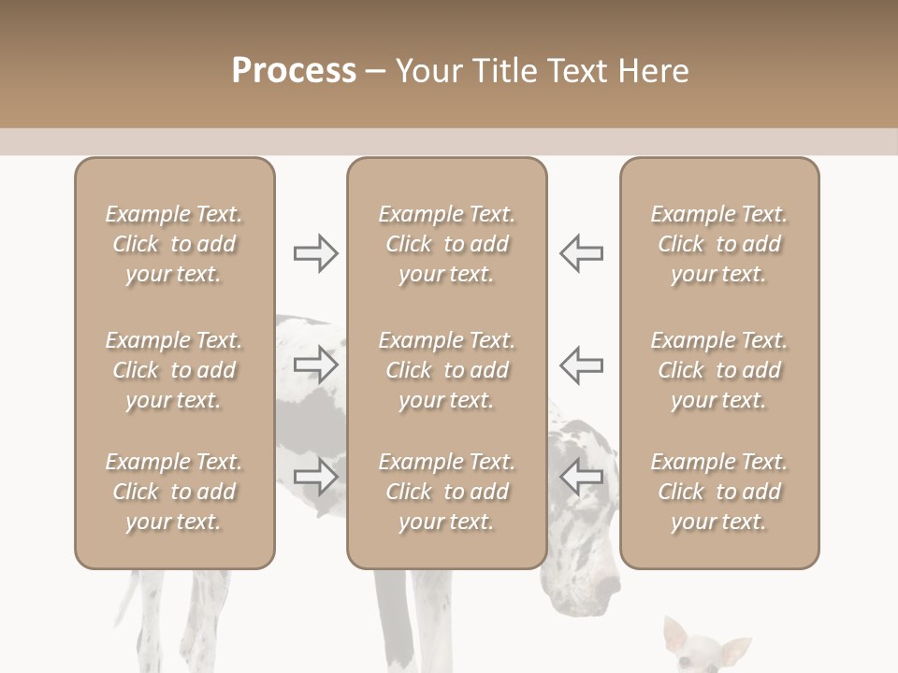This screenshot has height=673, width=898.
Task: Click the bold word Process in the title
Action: [x=294, y=71]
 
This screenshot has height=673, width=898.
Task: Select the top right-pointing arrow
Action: [x=315, y=252]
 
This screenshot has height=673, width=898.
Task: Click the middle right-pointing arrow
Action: [x=315, y=364]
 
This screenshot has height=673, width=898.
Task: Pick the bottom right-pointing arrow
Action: [x=315, y=476]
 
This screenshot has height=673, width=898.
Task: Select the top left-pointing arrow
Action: [x=581, y=252]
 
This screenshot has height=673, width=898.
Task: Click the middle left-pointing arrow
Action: [x=581, y=364]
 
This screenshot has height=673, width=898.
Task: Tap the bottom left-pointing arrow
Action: [x=581, y=476]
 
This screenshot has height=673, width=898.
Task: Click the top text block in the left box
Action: [x=174, y=244]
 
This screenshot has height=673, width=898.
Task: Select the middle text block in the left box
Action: [x=174, y=370]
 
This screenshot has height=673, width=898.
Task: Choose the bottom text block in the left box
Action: [x=174, y=492]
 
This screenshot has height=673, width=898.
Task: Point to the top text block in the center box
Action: [x=446, y=244]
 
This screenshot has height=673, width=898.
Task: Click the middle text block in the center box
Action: [x=446, y=370]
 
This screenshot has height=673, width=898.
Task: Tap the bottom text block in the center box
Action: [x=446, y=492]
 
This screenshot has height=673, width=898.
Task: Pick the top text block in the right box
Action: [x=718, y=244]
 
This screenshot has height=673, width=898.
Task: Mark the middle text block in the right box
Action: [x=718, y=370]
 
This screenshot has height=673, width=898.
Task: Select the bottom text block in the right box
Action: [x=718, y=492]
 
